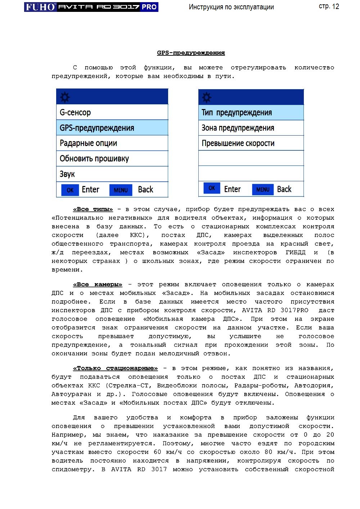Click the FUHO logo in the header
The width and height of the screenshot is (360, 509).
tap(41, 7)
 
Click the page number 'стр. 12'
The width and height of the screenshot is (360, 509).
tap(329, 6)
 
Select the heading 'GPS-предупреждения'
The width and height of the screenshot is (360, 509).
tap(191, 53)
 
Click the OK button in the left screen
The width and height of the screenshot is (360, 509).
tap(70, 190)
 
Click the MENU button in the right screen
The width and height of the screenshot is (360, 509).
tap(263, 189)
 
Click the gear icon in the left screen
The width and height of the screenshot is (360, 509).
tap(65, 97)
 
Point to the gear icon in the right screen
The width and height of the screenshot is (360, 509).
tap(207, 97)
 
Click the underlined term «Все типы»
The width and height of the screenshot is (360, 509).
tap(93, 209)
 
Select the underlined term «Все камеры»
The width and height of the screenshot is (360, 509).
tap(98, 285)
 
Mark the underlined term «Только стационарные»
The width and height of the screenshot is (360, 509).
tap(115, 368)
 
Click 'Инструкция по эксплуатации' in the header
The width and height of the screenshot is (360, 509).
tap(231, 7)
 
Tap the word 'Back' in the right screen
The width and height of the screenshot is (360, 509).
tap(284, 189)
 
